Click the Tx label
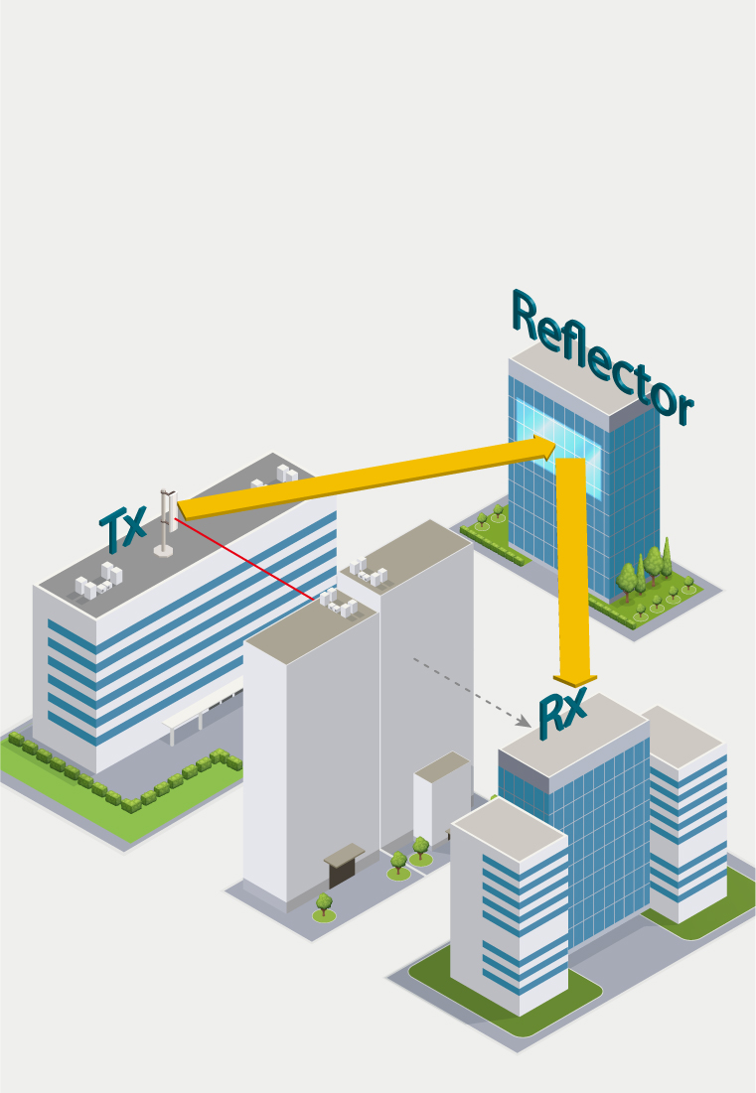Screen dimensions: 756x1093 pos(123,527)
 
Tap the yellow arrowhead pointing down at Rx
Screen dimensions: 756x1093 pos(575,680)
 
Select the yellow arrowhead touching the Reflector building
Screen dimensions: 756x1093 pos(545,448)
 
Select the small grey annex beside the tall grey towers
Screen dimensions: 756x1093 pos(441,798)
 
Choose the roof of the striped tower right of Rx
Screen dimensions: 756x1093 pos(682,736)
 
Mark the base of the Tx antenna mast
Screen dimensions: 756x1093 pos(164,551)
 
